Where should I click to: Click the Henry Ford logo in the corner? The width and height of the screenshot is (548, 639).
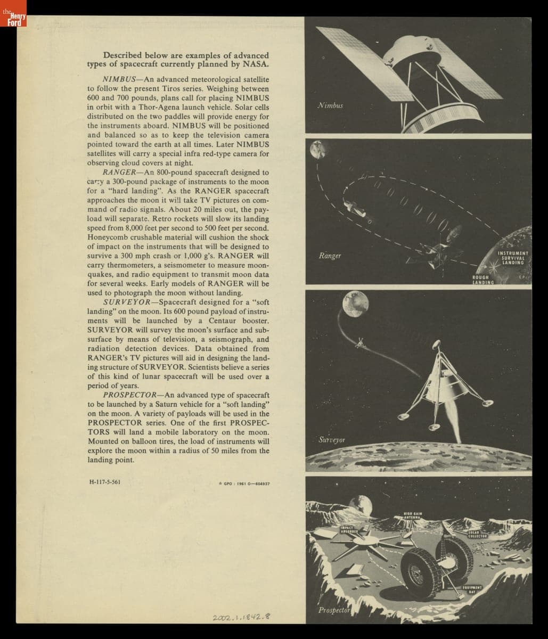13,13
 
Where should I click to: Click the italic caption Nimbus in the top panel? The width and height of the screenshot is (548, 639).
330,105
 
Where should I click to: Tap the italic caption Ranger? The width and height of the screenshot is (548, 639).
330,256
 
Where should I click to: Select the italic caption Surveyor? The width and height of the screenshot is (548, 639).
332,440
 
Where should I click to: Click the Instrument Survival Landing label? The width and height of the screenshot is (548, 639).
513,258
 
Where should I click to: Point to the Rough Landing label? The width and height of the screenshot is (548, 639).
483,280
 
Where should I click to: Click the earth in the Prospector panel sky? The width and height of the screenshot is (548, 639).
362,502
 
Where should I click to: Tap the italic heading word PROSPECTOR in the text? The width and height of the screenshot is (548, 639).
132,395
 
